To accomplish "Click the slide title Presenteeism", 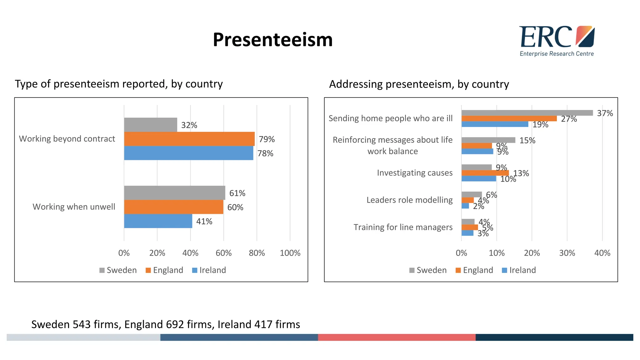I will (x=272, y=40).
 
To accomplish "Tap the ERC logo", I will (x=557, y=41).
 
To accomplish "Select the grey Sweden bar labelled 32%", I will (x=150, y=125).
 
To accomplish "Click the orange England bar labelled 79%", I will (x=189, y=139).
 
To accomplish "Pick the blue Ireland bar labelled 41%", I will (x=158, y=221).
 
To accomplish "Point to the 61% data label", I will (x=237, y=193).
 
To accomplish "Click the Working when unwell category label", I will (x=74, y=207).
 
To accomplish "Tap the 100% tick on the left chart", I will (x=290, y=253).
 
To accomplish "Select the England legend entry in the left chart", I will (x=164, y=270).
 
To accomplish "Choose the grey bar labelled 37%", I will (x=527, y=113).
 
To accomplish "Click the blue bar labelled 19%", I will (x=495, y=124).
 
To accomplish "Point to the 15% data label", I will (x=527, y=140).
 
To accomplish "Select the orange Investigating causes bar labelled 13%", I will (x=485, y=173).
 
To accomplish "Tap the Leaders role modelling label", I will (x=409, y=200).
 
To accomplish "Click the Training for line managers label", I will (x=403, y=227).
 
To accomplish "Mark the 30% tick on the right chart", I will (x=567, y=253).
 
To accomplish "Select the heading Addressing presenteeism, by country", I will (x=419, y=84).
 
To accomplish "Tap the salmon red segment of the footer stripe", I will (x=397, y=337).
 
